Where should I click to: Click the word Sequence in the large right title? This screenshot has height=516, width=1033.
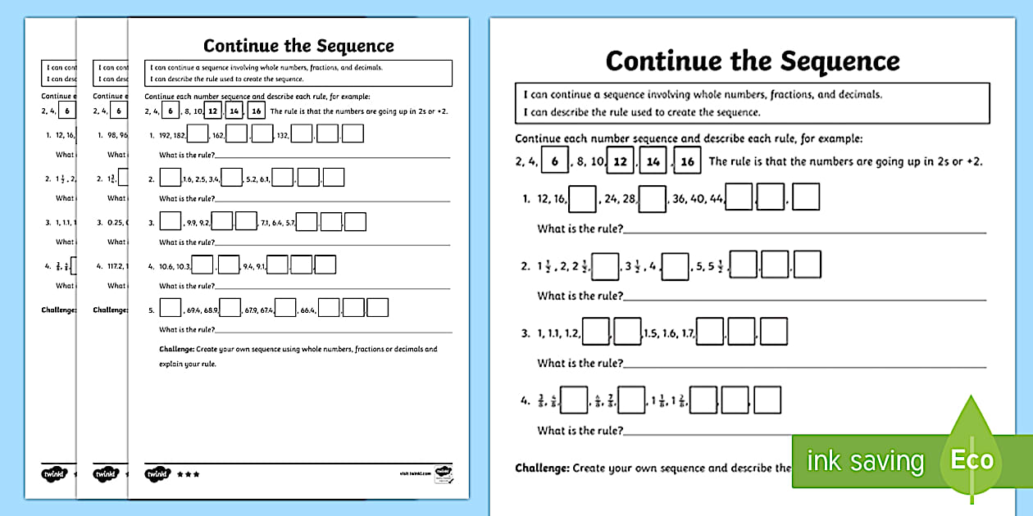[840, 61]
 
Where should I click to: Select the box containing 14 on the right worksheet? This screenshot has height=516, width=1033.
[654, 161]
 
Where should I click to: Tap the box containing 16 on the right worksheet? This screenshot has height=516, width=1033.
[688, 161]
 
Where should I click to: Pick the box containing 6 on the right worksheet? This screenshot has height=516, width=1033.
[555, 161]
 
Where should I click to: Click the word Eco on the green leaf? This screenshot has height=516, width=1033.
[972, 459]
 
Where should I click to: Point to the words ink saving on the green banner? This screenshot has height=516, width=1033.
[864, 461]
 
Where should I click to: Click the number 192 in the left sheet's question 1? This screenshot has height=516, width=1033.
[166, 134]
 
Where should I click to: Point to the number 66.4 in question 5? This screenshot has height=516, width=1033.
[308, 310]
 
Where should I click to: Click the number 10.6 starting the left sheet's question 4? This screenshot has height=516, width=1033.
[168, 266]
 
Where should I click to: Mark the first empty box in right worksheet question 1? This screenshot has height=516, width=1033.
[582, 198]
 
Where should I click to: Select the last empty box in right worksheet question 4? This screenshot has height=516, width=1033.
[767, 400]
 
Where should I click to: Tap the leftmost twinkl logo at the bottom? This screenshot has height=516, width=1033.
[53, 473]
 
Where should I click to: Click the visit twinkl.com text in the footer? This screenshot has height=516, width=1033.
[413, 474]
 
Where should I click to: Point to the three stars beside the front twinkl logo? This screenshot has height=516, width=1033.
[188, 473]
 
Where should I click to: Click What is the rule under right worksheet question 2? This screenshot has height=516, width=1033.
[580, 296]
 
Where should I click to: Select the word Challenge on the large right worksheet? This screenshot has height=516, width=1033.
[542, 468]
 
